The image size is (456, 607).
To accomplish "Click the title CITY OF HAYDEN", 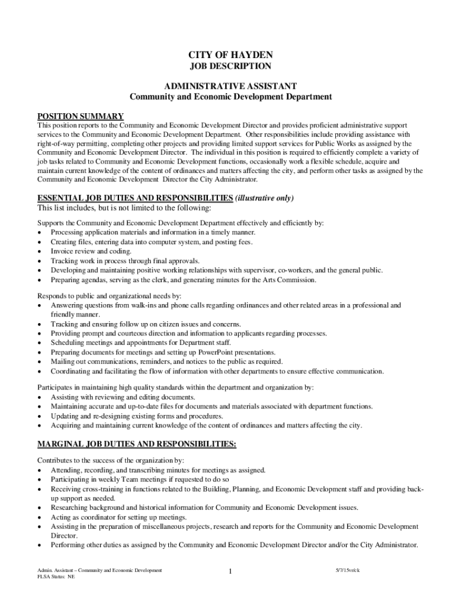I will coord(230,55).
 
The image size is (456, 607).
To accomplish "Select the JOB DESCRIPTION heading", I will coord(230,66).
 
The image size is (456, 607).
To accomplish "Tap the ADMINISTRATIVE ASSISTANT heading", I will coord(230,86).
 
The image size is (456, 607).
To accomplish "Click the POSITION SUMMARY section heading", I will coord(81,116).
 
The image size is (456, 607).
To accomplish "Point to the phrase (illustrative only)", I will coord(265,198).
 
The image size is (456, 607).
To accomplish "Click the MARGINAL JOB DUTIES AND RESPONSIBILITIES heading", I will coord(137,444).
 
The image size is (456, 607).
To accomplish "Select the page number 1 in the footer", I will coord(230,571).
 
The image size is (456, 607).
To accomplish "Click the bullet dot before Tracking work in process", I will coord(40,261).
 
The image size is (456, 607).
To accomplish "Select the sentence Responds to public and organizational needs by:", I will coord(109,295).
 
